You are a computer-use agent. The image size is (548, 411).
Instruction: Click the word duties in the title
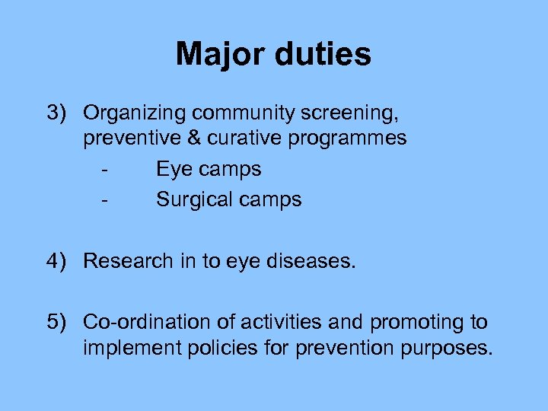(x=323, y=54)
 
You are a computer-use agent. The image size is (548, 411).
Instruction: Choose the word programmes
(x=353, y=139)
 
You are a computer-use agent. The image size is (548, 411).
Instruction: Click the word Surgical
(x=196, y=200)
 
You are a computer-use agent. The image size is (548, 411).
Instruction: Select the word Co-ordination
(x=149, y=323)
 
